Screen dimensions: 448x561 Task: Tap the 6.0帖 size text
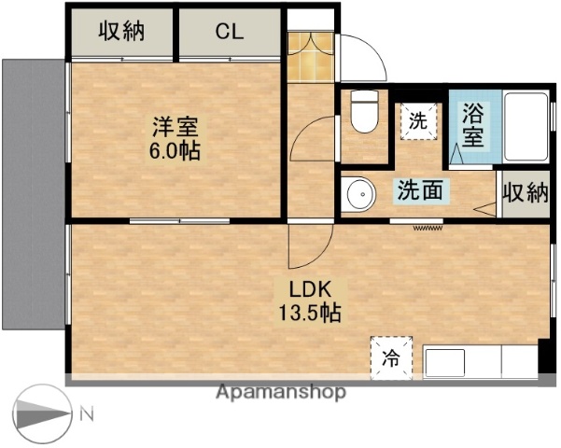(x=175, y=150)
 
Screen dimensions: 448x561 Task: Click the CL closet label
(x=230, y=31)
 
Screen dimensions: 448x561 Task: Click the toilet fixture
(x=362, y=113)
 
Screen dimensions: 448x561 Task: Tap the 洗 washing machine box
(x=419, y=120)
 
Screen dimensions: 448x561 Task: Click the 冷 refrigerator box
(x=391, y=356)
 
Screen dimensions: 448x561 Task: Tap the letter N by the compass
(x=85, y=413)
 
